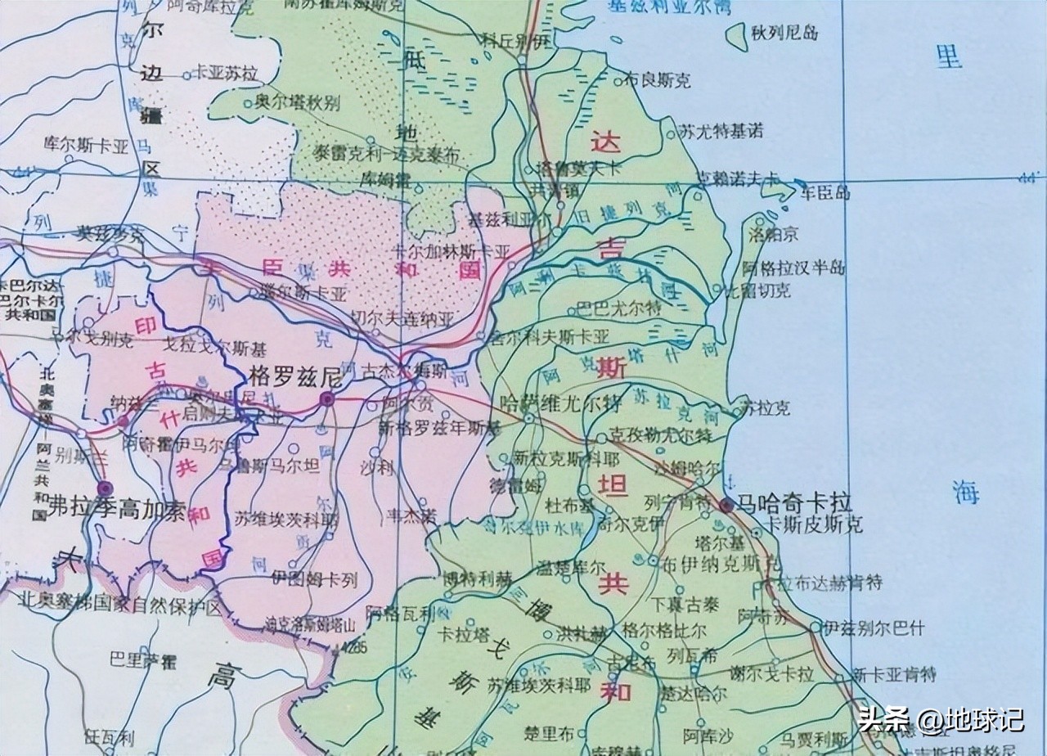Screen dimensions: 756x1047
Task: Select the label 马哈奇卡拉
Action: pos(795,502)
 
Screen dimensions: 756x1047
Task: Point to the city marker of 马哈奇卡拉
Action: pos(726,505)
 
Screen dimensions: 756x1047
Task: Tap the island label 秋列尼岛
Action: pos(786,34)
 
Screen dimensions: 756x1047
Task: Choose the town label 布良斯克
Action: pos(658,80)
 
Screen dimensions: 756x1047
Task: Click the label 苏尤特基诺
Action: pos(721,130)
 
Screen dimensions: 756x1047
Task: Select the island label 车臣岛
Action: pos(825,193)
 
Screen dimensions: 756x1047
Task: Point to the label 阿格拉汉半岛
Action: pos(793,268)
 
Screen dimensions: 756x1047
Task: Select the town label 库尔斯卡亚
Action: pos(87,147)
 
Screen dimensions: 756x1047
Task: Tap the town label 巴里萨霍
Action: pos(143,658)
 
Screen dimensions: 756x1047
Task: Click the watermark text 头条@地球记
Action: pos(941,720)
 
